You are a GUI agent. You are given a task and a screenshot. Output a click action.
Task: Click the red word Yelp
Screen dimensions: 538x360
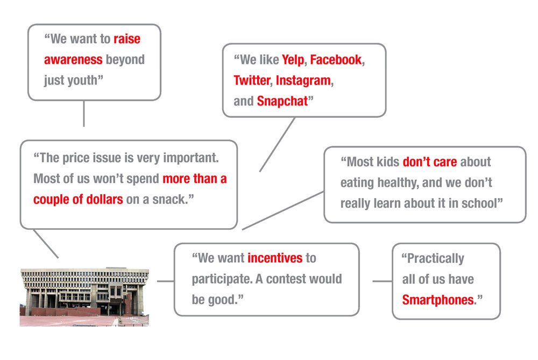point(293,60)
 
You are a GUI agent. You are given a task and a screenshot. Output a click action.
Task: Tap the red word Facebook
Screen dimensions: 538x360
point(336,60)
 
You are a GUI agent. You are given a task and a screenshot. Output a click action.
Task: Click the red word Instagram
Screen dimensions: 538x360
point(303,81)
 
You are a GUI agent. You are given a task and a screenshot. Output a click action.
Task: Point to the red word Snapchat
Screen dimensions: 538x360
point(282,102)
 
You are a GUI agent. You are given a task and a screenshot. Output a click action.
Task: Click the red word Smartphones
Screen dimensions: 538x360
point(438,300)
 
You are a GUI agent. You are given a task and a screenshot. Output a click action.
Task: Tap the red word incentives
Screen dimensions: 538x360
point(275,258)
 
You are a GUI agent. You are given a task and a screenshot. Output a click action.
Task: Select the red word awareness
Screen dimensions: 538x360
point(73,60)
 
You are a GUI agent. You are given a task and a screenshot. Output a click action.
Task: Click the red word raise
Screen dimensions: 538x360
point(127,39)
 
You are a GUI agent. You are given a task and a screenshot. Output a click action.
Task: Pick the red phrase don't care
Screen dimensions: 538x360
point(429,161)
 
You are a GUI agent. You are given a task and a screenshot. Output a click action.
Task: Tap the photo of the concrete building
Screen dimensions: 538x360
point(84,297)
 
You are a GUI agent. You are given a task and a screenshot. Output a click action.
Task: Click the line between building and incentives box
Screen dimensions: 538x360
point(165,281)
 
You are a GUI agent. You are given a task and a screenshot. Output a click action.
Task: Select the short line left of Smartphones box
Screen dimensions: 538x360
point(382,281)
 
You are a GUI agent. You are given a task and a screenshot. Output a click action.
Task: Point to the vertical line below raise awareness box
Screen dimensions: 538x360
point(84,114)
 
